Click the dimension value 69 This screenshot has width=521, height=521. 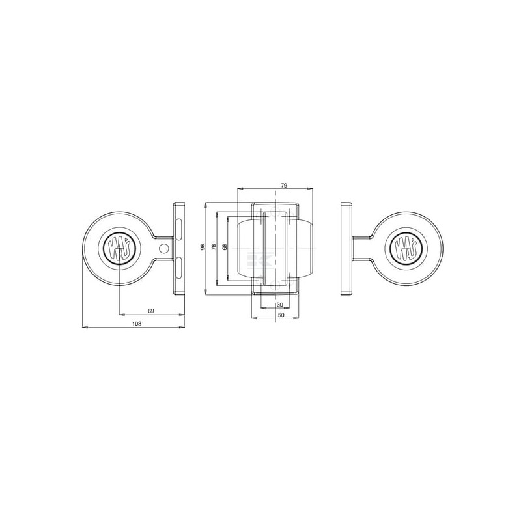151,311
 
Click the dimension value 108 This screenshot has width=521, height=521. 137,324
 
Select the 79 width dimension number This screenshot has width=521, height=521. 284,186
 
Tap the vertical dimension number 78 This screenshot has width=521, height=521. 214,247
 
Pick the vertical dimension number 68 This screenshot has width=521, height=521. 225,247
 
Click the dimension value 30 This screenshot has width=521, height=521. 279,305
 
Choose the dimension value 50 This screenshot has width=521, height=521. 281,315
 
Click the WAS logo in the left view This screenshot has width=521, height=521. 118,248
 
